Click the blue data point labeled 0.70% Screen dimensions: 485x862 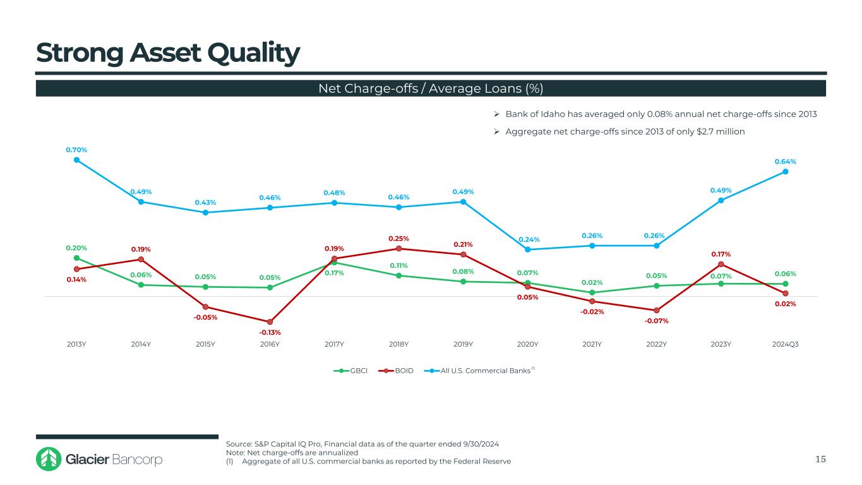coord(76,160)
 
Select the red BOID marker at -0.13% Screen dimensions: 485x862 coord(270,322)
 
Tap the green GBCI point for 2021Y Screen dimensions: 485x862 coord(592,292)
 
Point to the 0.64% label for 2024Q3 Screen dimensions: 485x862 coord(785,162)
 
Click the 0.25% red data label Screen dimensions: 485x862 coord(399,239)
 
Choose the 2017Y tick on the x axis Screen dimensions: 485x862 coord(335,344)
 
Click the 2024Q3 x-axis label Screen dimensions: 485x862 coord(786,344)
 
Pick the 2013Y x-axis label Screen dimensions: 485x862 coord(76,344)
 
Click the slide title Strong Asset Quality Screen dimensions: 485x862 coord(167,54)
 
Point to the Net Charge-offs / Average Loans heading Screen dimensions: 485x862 coord(431,88)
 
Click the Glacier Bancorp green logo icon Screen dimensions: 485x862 coord(48,459)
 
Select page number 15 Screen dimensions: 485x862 coord(820,459)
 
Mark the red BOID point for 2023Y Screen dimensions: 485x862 coord(721,264)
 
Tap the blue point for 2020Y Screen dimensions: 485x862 coord(528,249)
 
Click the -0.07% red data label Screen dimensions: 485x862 coord(657,321)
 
